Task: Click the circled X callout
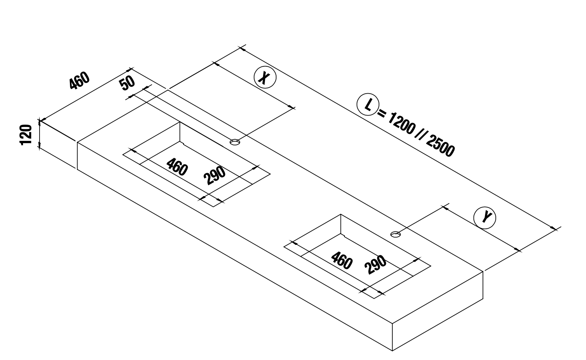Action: (265, 77)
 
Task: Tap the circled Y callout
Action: (485, 218)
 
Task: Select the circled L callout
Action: (368, 104)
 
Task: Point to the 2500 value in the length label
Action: (441, 146)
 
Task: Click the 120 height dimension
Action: (26, 135)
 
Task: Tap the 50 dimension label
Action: (127, 83)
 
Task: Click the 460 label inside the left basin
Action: (177, 167)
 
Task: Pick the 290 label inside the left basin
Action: (215, 175)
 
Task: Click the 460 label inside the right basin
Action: (342, 260)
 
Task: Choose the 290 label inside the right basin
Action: (376, 264)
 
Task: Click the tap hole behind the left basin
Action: (235, 142)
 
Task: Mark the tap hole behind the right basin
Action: (396, 234)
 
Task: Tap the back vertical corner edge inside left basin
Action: (180, 132)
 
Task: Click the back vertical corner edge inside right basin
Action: (341, 224)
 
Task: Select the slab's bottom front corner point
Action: (392, 351)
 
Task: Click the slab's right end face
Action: (438, 311)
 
